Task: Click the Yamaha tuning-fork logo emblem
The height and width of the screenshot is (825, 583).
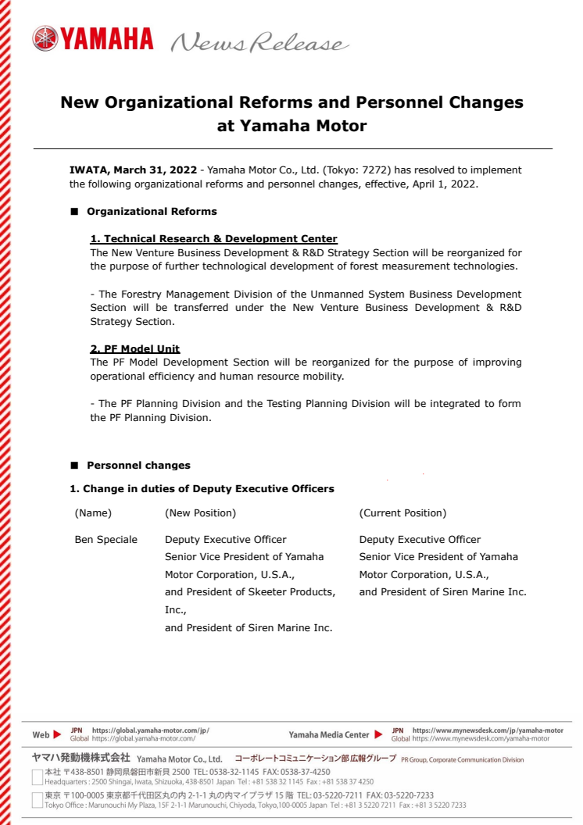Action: point(44,38)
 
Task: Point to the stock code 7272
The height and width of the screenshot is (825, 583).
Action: point(375,170)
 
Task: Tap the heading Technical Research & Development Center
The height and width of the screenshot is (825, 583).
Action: point(213,239)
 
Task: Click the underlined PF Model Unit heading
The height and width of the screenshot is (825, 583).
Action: point(135,348)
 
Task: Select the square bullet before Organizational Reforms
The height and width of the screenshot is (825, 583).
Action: point(75,212)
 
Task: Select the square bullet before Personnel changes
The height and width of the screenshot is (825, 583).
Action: point(75,466)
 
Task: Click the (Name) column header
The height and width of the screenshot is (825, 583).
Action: point(93,513)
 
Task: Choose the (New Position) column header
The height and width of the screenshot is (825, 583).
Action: point(200,513)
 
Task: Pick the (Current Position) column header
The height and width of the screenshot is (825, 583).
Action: point(402,513)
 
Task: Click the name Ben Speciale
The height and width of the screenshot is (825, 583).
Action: point(106,540)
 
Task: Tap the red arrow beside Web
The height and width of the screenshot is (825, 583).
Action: point(57,734)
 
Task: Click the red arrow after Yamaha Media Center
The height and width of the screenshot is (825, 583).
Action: point(379,734)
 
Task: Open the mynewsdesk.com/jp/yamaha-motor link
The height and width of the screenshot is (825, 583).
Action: point(488,730)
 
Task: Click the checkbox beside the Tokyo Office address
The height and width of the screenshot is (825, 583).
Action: point(37,798)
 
